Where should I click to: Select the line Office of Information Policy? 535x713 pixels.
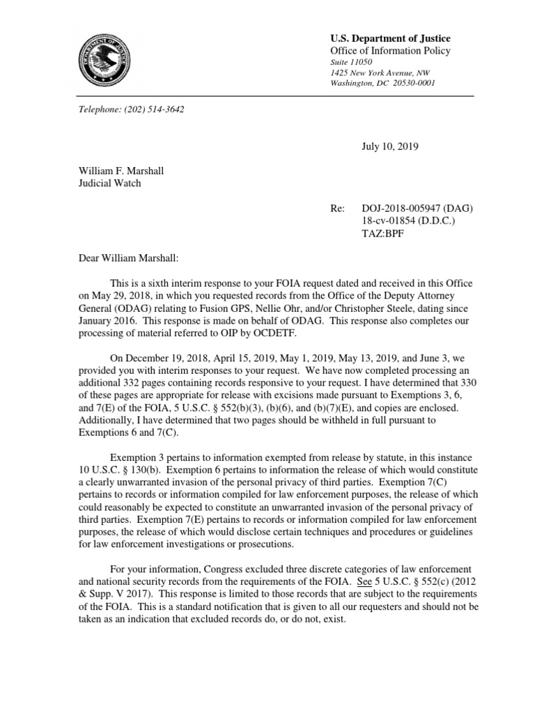tap(390, 51)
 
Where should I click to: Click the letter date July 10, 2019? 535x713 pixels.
tap(390, 146)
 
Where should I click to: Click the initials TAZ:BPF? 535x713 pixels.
tap(382, 234)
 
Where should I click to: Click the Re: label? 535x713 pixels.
tap(338, 209)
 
